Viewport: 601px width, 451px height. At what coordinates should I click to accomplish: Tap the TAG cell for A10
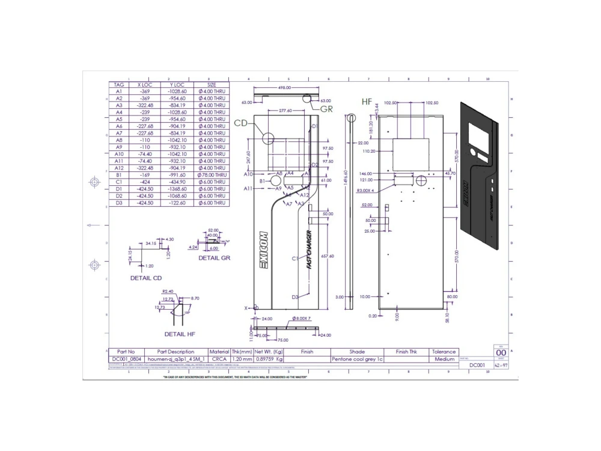click(x=118, y=153)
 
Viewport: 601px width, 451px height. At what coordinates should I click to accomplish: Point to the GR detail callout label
click(x=326, y=109)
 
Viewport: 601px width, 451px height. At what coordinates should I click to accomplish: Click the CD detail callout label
click(x=240, y=123)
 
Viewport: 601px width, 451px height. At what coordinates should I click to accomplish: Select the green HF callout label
click(x=367, y=102)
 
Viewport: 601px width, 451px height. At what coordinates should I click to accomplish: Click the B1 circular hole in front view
click(x=276, y=180)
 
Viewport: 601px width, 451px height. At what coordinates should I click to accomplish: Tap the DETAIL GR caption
click(x=215, y=257)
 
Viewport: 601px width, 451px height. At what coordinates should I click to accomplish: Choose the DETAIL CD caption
click(x=146, y=278)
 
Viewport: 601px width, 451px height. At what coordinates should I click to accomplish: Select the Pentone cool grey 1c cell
click(x=357, y=359)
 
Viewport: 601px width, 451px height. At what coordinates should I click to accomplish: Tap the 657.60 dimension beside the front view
click(x=328, y=256)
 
